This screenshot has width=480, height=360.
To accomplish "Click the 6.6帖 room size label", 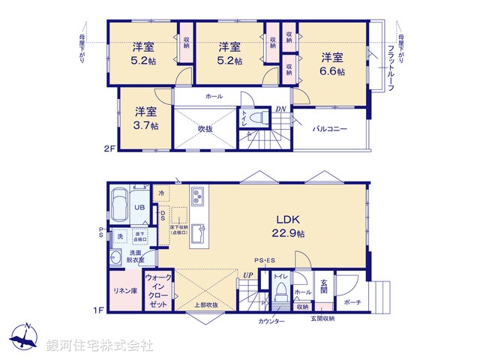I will click(x=333, y=71).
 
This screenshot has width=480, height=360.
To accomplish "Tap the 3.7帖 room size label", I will click(x=145, y=126).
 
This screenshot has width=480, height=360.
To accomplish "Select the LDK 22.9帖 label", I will click(x=287, y=233).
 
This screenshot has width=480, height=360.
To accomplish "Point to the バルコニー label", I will click(x=330, y=129).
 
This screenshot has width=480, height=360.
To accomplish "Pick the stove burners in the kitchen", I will click(x=197, y=197).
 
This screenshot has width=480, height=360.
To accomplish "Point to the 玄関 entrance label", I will click(x=324, y=285).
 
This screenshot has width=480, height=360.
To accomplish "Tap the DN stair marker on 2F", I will click(x=282, y=109).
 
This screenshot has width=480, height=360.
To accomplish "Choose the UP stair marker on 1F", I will click(x=247, y=275).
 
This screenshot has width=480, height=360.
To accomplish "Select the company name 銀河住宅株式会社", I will click(x=100, y=345).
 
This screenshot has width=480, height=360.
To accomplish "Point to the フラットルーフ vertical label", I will click(x=391, y=67).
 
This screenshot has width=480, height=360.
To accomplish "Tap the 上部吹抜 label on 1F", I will click(x=206, y=305).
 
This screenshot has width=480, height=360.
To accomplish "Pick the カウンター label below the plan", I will click(x=272, y=321).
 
